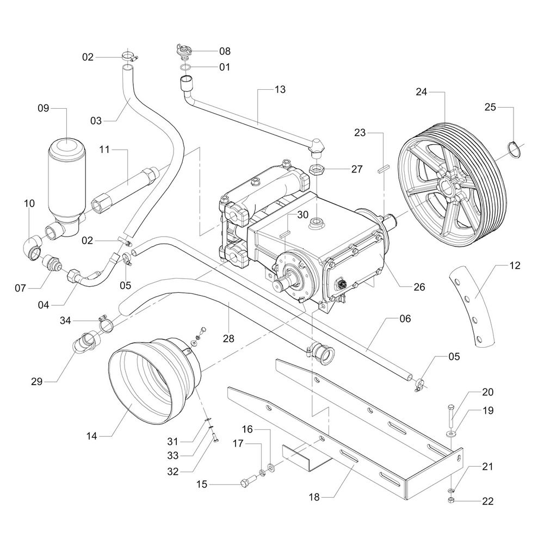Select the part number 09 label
[x=59, y=108]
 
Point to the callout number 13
[x=280, y=89]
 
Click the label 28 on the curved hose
[x=228, y=338]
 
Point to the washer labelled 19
[x=452, y=434]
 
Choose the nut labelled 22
[x=451, y=500]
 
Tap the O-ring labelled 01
[x=186, y=67]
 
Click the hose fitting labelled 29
[x=87, y=343]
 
